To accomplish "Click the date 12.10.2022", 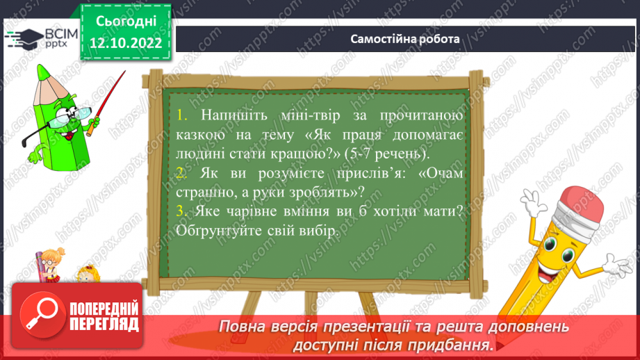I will click(x=125, y=43).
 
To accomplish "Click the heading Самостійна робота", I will click(x=405, y=39).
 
